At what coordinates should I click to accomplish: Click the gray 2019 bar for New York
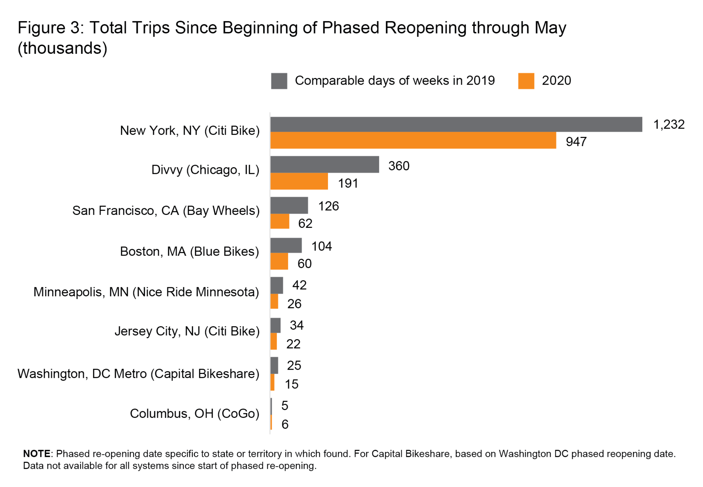click(456, 124)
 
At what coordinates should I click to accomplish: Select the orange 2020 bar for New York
click(413, 140)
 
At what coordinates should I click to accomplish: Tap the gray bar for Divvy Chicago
click(324, 164)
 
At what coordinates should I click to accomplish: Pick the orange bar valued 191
click(299, 181)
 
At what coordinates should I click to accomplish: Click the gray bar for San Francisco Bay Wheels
click(289, 205)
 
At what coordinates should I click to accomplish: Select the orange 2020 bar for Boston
click(279, 262)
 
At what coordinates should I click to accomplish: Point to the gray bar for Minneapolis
click(277, 285)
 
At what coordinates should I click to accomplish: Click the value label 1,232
click(669, 124)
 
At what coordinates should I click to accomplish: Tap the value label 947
click(576, 142)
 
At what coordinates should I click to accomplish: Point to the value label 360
click(399, 166)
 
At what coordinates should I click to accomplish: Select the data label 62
click(305, 223)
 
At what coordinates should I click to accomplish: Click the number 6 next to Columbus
click(285, 424)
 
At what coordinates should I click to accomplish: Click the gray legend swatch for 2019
click(279, 81)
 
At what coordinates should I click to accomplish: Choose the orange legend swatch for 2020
click(526, 81)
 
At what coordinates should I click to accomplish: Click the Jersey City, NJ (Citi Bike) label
click(187, 331)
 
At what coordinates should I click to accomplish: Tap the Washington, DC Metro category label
click(138, 374)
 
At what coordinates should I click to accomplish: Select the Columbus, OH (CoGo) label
click(194, 414)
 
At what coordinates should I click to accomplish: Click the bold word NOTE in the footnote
click(37, 454)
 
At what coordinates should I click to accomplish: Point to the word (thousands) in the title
click(63, 48)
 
